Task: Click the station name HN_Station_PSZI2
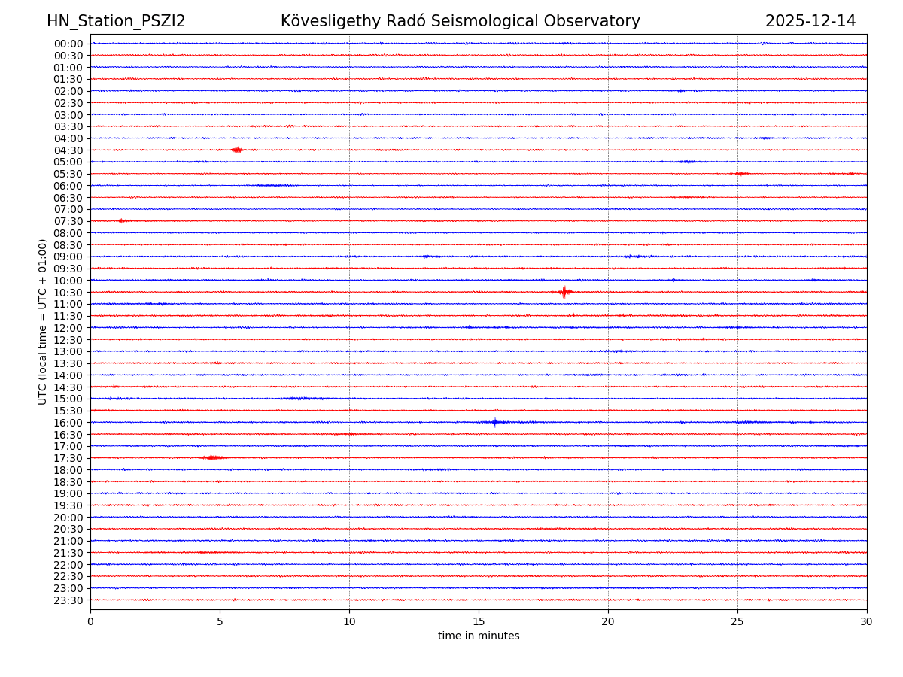point(116,22)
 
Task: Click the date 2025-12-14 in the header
point(810,22)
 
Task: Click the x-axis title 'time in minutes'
point(479,636)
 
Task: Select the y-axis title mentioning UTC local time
point(43,321)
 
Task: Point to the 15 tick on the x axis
point(479,622)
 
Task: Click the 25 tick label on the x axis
point(737,622)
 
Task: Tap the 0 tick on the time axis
point(90,622)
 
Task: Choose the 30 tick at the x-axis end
point(867,622)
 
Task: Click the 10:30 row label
point(68,293)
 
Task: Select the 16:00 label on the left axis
point(68,423)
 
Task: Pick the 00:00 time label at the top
point(68,44)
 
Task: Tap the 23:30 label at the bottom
point(68,600)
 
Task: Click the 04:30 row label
point(68,150)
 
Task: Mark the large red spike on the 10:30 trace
point(564,292)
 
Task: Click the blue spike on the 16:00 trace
point(494,422)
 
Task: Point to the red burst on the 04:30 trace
point(236,150)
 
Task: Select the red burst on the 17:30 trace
point(212,457)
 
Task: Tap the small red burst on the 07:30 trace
point(122,221)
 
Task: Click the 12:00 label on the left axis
point(68,328)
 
